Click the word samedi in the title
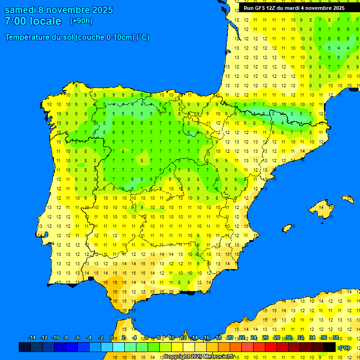(20, 10)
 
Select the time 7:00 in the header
(15, 21)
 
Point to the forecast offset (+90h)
(81, 21)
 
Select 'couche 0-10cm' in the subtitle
(105, 37)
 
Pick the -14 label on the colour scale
(32, 338)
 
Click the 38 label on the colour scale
(336, 338)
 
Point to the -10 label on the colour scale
(55, 338)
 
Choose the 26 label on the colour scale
(265, 338)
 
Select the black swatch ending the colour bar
(330, 347)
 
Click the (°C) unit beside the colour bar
(344, 348)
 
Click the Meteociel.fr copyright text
(199, 357)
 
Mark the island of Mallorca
(322, 206)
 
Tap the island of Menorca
(347, 199)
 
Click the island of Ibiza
(287, 228)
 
